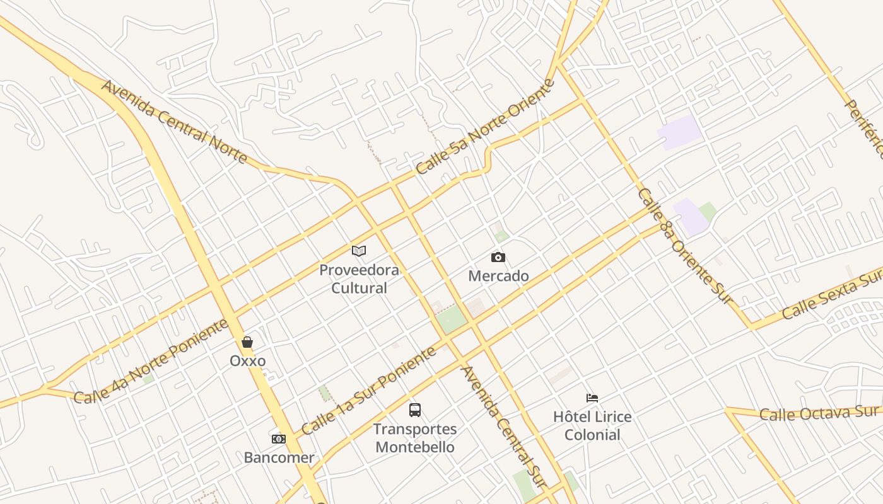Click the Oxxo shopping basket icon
pyautogui.click(x=247, y=342)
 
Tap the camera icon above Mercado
pyautogui.click(x=498, y=257)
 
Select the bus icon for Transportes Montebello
pyautogui.click(x=414, y=410)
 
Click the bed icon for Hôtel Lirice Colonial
pyautogui.click(x=592, y=398)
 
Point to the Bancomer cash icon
pyautogui.click(x=279, y=439)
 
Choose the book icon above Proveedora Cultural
pyautogui.click(x=359, y=251)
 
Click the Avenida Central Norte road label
pyautogui.click(x=174, y=122)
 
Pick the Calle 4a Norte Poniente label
pyautogui.click(x=151, y=362)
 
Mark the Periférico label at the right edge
pyautogui.click(x=865, y=130)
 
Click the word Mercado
pyautogui.click(x=498, y=276)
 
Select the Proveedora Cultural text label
pyautogui.click(x=359, y=279)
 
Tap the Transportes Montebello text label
pyautogui.click(x=414, y=438)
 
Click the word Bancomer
pyautogui.click(x=279, y=457)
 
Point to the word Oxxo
pyautogui.click(x=247, y=361)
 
